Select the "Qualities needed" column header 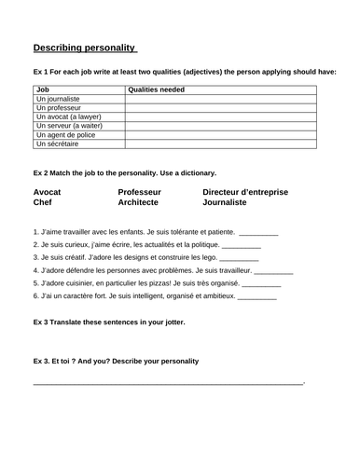tap(156, 89)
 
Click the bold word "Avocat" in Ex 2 tap(48, 192)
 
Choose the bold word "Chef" tap(43, 202)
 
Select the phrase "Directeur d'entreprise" tap(245, 192)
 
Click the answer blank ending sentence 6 tap(257, 296)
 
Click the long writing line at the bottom tap(168, 383)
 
